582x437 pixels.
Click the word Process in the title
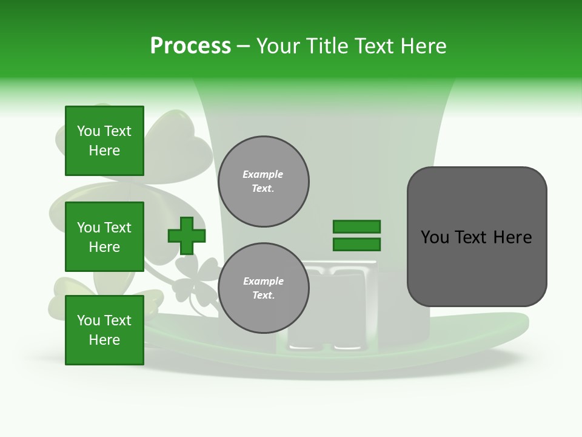190,46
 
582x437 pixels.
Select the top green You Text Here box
104,141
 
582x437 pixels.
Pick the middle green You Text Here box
104,237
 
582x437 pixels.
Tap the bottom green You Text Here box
104,330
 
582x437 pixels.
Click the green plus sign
187,235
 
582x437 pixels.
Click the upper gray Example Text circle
263,181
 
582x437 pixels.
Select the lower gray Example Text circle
263,288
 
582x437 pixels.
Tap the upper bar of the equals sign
356,227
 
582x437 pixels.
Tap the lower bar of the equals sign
356,245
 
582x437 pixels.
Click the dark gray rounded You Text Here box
477,237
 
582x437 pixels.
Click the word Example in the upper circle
263,174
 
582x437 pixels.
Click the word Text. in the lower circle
263,295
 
